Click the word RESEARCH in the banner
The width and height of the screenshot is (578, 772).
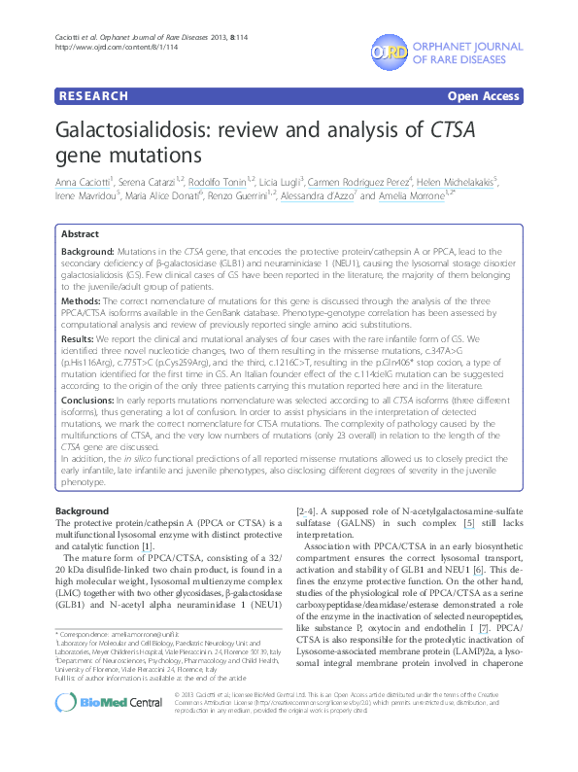tap(93, 96)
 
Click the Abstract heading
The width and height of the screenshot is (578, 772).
tap(80, 235)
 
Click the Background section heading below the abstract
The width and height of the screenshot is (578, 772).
tap(82, 510)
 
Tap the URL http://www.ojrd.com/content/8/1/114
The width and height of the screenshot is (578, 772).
tap(106, 46)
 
